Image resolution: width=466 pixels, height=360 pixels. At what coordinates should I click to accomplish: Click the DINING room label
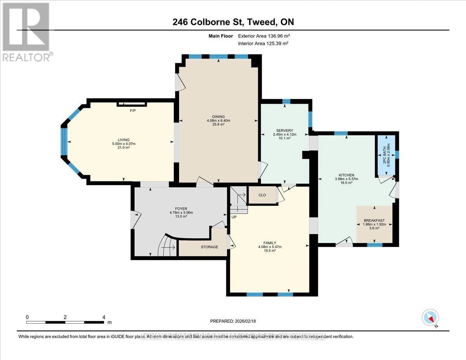(x=218, y=117)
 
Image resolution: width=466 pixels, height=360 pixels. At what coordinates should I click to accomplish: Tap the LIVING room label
(x=124, y=140)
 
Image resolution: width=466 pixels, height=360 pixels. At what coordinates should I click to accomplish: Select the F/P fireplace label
(x=132, y=111)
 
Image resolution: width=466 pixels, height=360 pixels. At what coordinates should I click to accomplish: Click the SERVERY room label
(x=284, y=130)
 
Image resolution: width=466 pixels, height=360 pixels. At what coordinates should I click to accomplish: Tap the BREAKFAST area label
(x=374, y=221)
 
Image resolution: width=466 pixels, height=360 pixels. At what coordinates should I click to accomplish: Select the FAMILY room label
(x=270, y=243)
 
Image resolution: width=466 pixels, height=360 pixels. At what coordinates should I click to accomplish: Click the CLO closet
(x=262, y=195)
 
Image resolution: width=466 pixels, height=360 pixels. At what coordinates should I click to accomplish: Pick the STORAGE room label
(x=209, y=247)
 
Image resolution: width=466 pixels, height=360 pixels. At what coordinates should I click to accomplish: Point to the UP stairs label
(x=234, y=217)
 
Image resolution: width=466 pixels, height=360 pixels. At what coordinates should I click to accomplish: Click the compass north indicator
(x=430, y=318)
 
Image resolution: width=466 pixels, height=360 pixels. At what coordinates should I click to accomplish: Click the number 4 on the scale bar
(x=104, y=317)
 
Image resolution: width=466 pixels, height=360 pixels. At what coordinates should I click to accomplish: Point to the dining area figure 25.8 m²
(x=218, y=125)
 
